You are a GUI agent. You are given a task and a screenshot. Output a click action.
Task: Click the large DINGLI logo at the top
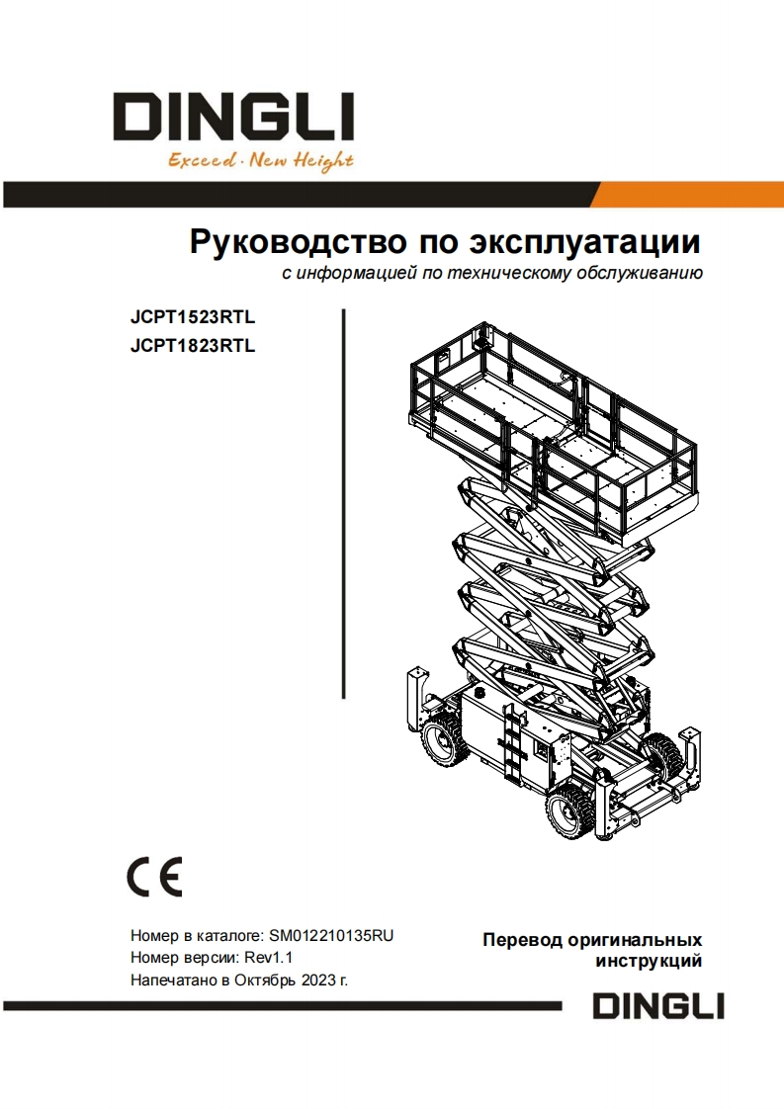(233, 117)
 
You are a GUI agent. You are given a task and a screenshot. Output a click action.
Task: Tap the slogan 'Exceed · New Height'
(260, 161)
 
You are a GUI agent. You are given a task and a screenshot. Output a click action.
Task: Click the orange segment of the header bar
(685, 195)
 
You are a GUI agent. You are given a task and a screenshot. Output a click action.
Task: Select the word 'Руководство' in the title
(298, 242)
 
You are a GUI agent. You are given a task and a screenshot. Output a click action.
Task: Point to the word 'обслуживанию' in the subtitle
(640, 273)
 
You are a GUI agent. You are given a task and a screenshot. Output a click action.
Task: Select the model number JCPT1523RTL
(193, 317)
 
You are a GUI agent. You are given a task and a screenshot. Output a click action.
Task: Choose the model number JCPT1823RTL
(193, 346)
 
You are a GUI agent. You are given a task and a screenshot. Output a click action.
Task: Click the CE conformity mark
(155, 877)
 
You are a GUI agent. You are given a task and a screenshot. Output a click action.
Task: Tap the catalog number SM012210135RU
(331, 936)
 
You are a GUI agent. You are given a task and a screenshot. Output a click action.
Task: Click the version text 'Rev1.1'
(268, 958)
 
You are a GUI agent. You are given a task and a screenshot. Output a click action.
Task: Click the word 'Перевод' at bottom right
(522, 940)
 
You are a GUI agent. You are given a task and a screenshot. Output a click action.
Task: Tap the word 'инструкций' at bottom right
(649, 961)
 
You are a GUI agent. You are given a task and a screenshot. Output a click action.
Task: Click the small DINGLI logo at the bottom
(658, 1006)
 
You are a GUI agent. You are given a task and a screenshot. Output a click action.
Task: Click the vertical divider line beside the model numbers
(344, 503)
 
